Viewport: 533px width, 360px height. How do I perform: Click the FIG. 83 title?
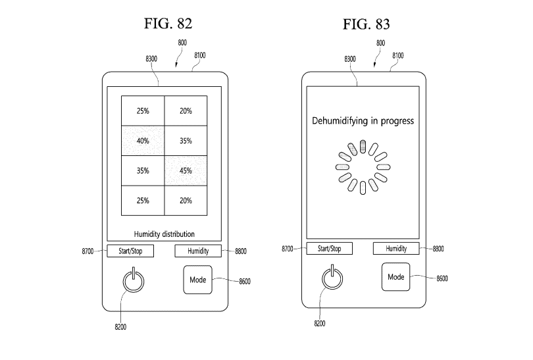tap(366, 24)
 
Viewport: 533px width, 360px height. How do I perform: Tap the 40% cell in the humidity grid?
tap(143, 141)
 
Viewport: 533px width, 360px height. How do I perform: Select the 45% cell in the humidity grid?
tap(186, 171)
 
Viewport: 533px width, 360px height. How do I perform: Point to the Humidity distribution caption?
tap(164, 234)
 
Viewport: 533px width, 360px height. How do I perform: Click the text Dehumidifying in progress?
tap(362, 121)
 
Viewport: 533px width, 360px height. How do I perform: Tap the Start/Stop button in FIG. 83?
tap(329, 249)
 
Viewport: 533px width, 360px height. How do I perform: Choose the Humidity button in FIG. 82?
tap(197, 251)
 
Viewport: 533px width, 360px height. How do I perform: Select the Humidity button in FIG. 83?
tap(396, 249)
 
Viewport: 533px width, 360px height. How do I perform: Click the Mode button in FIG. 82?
tap(198, 280)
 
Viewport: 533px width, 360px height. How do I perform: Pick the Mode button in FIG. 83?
tap(395, 277)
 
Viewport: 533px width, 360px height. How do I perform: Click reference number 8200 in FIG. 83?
tap(319, 323)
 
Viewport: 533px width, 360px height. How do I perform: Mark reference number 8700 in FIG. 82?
tap(86, 251)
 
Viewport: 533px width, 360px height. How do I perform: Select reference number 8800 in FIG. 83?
tap(440, 249)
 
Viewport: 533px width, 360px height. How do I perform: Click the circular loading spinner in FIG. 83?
tap(362, 167)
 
